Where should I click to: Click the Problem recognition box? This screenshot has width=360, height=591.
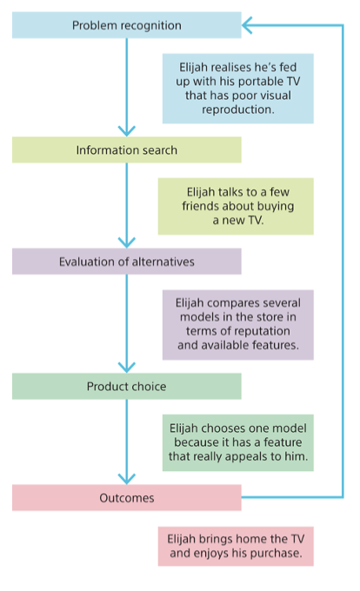tap(126, 25)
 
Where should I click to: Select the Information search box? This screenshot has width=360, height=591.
tap(126, 150)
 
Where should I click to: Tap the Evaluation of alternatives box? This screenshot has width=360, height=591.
tap(126, 262)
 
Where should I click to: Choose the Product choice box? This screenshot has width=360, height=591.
tap(126, 386)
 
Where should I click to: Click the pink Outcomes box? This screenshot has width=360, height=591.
tap(126, 498)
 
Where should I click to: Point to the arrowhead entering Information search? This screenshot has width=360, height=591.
tap(127, 130)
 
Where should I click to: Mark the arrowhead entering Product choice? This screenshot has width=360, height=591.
tap(127, 367)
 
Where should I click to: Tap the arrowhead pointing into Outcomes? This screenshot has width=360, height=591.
tap(127, 478)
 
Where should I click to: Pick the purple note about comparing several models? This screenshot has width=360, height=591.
tap(237, 324)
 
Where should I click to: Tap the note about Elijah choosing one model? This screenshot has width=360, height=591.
tap(237, 442)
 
